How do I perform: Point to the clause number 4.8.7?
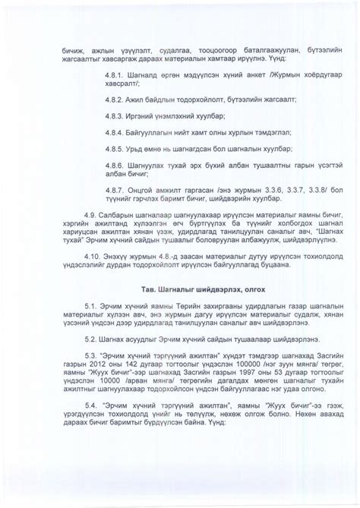click(x=115, y=193)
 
